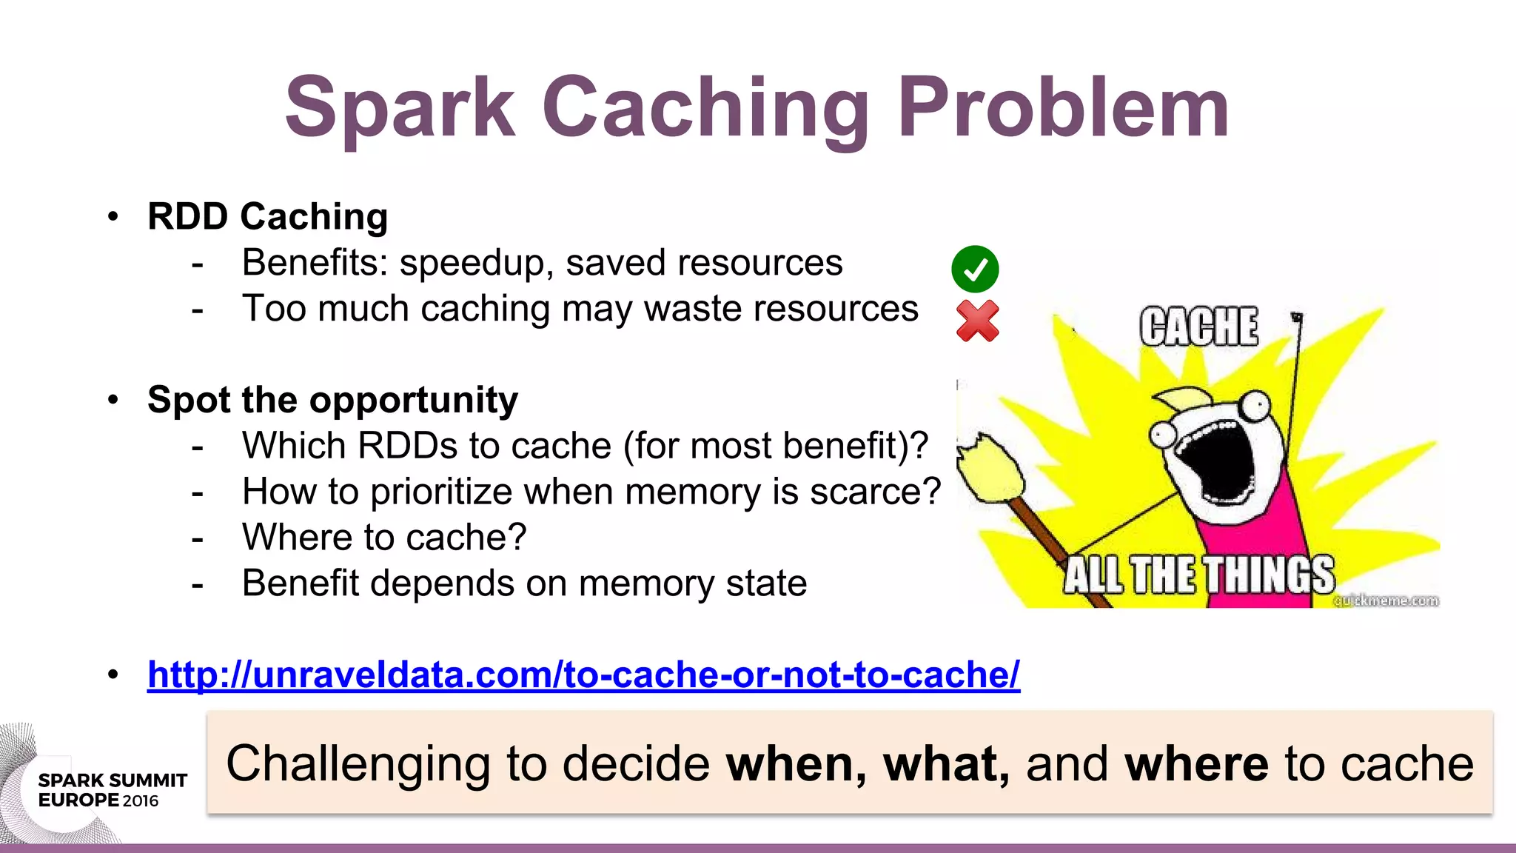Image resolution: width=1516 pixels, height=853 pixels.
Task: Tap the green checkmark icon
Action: click(975, 269)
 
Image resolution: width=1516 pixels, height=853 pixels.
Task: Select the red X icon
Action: click(977, 321)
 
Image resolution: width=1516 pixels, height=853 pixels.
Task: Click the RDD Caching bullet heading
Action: click(267, 217)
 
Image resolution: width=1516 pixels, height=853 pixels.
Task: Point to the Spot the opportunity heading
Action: click(332, 400)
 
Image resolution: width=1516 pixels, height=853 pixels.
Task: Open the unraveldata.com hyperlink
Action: click(583, 675)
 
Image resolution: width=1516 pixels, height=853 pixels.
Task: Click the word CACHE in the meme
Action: click(1198, 327)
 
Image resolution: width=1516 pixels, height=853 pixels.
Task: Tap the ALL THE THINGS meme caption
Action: click(1198, 575)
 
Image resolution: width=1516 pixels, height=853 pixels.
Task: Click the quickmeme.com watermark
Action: click(1386, 601)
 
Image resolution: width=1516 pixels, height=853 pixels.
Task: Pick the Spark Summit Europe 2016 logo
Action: click(111, 790)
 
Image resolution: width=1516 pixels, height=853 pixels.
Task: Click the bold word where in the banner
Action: click(1196, 764)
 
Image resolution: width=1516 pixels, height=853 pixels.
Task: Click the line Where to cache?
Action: click(383, 538)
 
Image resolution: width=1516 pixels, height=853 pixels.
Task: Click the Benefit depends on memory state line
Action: click(523, 583)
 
